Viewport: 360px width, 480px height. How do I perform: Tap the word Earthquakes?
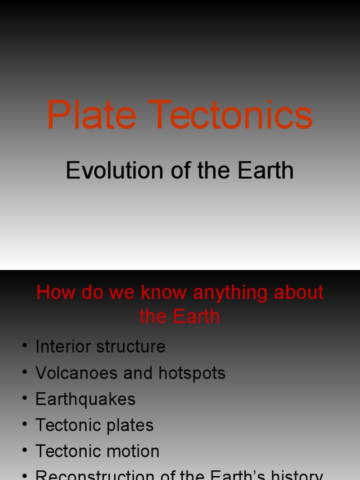click(85, 399)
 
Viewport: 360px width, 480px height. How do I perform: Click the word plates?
click(130, 426)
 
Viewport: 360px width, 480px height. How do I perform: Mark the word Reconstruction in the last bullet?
click(94, 475)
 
